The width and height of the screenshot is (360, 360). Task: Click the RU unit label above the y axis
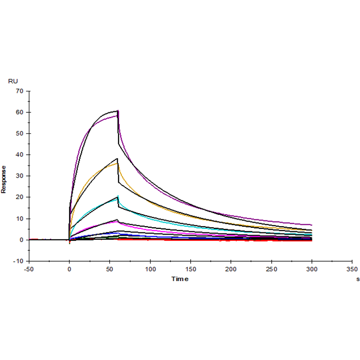[13, 81]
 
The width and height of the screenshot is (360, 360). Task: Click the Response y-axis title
[4, 179]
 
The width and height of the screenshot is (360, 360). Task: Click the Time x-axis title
[180, 279]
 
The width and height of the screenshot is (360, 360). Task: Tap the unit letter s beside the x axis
[358, 280]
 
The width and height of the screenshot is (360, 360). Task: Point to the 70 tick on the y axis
[20, 91]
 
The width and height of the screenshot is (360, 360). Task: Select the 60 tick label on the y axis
[20, 112]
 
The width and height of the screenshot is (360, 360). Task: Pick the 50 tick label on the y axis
[20, 134]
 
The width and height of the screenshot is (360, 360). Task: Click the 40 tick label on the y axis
[20, 155]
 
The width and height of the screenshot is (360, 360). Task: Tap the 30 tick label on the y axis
[20, 176]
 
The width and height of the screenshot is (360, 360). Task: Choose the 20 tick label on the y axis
[20, 198]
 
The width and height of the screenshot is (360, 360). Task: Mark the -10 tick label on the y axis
[18, 261]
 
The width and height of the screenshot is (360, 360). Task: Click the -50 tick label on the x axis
[29, 270]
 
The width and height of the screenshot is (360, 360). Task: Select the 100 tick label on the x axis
[150, 270]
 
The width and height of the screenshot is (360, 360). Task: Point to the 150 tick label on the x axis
[191, 270]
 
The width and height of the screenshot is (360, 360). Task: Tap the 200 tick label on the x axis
[231, 270]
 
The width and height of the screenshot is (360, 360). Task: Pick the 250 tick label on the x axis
[272, 270]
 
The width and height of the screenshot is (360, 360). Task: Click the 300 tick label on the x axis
[312, 270]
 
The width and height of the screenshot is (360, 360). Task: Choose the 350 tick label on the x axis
[352, 270]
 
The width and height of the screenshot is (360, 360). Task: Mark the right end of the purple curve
[312, 225]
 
